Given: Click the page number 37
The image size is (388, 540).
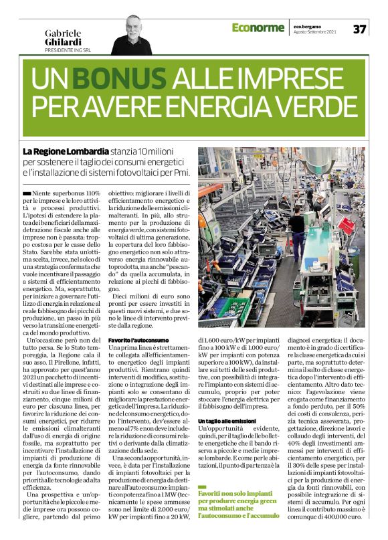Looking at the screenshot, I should (360, 29).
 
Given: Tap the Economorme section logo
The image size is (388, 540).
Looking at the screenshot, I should (259, 27).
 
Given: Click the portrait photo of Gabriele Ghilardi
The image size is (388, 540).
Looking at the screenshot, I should (140, 34).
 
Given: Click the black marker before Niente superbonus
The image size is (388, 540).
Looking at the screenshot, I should (25, 193).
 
